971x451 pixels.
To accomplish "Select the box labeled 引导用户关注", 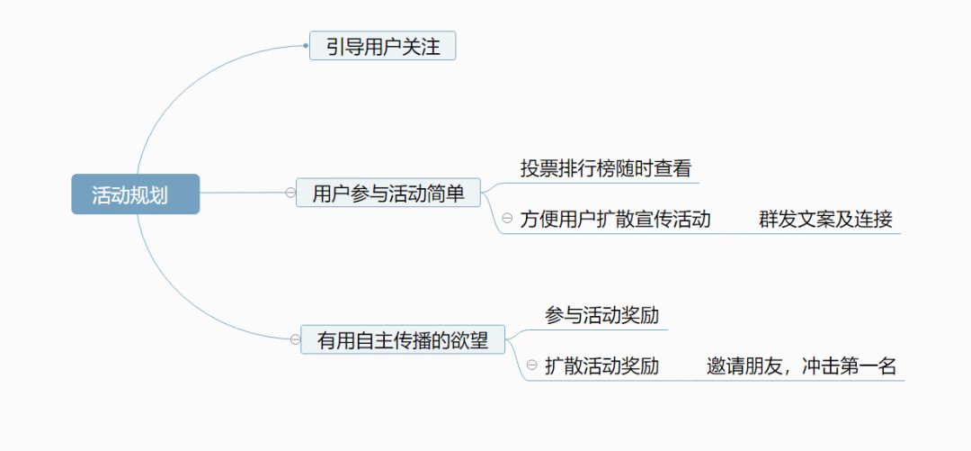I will [x=382, y=46].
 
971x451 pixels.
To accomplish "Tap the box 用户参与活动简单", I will [x=388, y=193].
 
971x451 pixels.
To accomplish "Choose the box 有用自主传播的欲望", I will [x=403, y=340].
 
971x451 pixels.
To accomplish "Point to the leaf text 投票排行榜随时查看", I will [x=605, y=168].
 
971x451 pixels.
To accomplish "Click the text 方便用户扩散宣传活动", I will [x=615, y=219].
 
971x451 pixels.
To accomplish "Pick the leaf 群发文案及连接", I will [x=825, y=219].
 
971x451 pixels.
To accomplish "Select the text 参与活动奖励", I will [x=601, y=316].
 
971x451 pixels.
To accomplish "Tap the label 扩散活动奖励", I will [x=601, y=366].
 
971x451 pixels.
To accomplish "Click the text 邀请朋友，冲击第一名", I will [x=801, y=366].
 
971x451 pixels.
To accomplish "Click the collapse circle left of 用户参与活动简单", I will [x=290, y=192].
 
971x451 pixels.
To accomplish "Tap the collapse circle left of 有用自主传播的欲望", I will [x=294, y=339].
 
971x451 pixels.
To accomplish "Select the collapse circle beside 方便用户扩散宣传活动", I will [x=507, y=218].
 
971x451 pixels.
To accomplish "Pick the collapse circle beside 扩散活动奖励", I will [x=531, y=365].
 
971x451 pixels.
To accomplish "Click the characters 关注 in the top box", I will [x=421, y=46].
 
